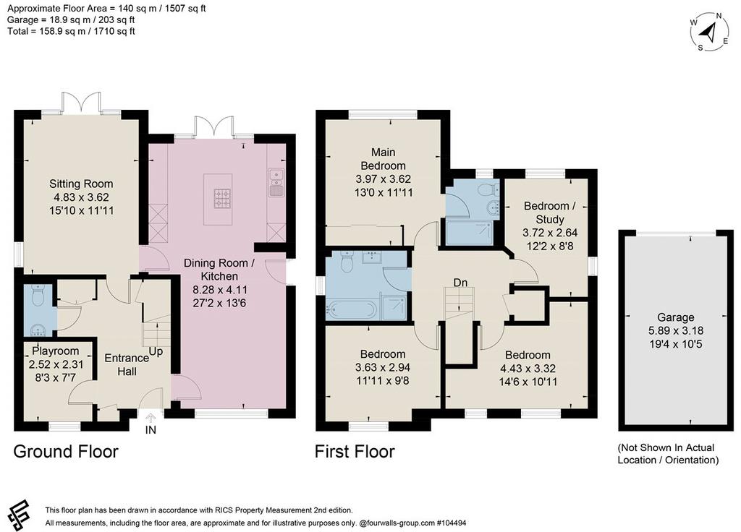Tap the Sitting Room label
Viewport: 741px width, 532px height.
(81, 184)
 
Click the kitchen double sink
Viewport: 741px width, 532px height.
(275, 182)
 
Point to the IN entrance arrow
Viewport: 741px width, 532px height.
(151, 418)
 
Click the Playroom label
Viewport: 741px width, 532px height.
(55, 351)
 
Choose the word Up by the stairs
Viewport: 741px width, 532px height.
(156, 352)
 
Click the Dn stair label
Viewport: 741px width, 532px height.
(460, 283)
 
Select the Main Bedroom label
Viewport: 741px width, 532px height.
(384, 159)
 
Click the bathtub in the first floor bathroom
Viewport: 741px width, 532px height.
(352, 310)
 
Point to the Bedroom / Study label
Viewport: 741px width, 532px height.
(550, 213)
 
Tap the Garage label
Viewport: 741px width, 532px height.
(676, 318)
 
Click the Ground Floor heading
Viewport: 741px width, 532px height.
(66, 452)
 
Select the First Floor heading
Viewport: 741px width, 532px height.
(355, 452)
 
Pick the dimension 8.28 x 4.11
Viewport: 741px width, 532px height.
(220, 290)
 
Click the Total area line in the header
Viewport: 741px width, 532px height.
(71, 32)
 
